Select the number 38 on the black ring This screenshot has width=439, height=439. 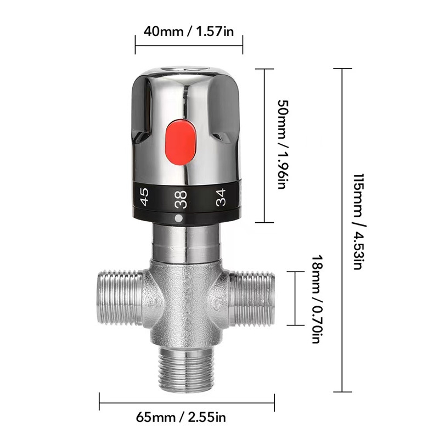tap(180, 199)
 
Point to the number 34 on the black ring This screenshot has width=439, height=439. tap(221, 196)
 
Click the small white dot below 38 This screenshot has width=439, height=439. tap(178, 218)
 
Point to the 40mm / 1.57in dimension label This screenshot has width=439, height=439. tap(189, 31)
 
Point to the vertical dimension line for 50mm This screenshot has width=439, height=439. tap(266, 145)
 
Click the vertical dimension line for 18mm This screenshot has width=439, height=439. tap(296, 299)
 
